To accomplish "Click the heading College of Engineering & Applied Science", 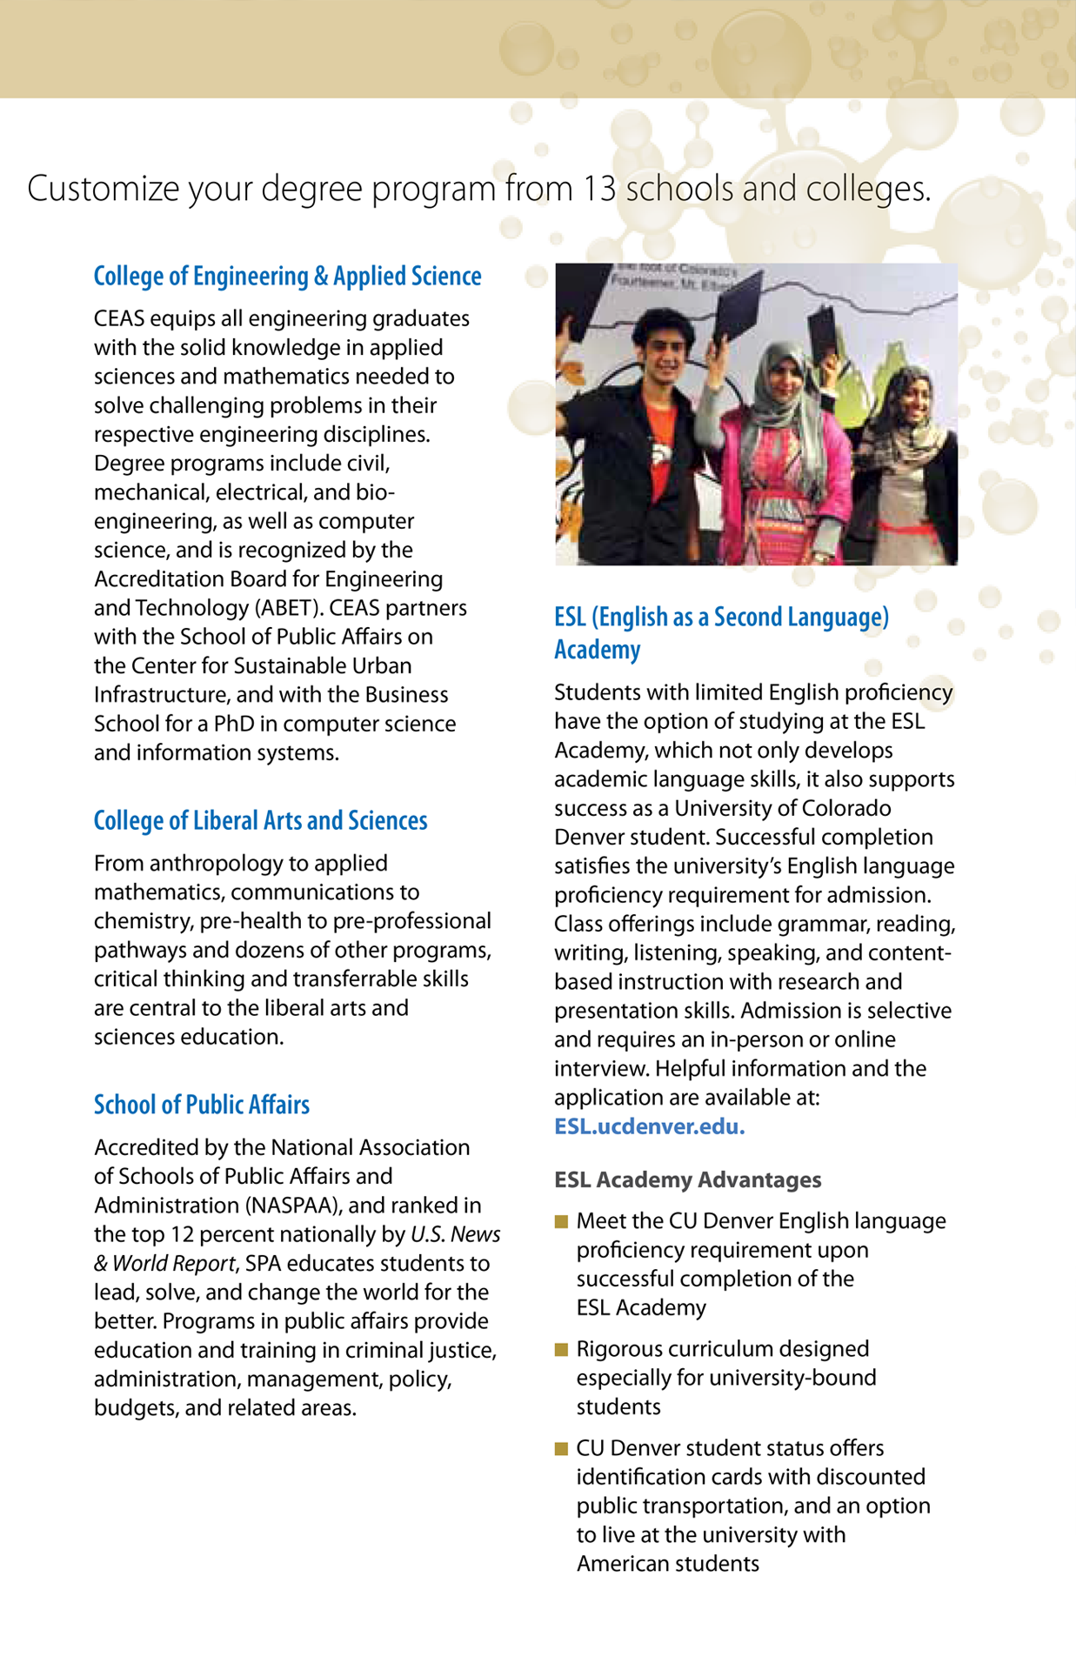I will [287, 277].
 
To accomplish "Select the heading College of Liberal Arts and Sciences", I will [260, 821].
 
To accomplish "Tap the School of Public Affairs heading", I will [201, 1105].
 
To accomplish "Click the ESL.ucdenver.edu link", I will [649, 1126].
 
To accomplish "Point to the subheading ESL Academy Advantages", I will [687, 1180].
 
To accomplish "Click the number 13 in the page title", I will [600, 189].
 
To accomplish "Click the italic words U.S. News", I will [455, 1234].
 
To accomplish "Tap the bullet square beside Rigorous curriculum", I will [561, 1349].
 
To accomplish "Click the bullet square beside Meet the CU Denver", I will [561, 1221].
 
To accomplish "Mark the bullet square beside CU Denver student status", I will [561, 1448].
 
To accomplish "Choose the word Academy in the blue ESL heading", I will [597, 650].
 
